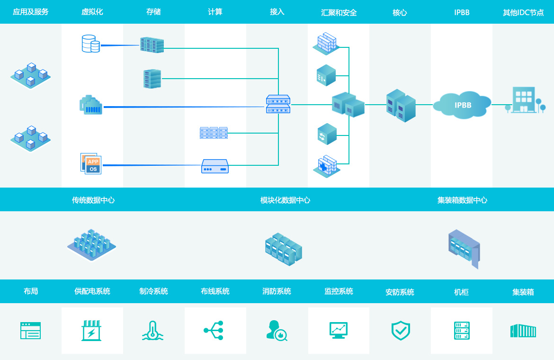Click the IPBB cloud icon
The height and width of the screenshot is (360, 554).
(462, 105)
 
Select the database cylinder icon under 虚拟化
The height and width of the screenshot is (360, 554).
(90, 44)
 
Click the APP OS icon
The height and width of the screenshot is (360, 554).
(91, 163)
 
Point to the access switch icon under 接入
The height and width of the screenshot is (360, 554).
(278, 104)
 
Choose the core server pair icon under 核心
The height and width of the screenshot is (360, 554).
(401, 106)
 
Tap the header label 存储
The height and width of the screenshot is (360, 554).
(153, 12)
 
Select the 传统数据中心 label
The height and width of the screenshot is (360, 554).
(93, 200)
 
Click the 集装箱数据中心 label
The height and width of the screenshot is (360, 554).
(462, 200)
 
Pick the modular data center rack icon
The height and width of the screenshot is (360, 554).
(283, 249)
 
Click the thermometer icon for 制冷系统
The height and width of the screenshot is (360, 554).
(152, 331)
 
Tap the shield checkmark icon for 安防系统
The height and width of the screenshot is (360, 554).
(401, 331)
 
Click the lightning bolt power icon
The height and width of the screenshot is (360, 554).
(91, 331)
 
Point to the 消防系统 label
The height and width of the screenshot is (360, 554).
(277, 291)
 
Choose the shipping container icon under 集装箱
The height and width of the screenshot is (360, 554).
(523, 331)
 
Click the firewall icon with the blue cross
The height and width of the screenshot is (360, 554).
(326, 166)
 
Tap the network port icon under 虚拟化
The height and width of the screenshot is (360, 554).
(90, 105)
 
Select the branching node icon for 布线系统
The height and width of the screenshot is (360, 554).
(214, 330)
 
